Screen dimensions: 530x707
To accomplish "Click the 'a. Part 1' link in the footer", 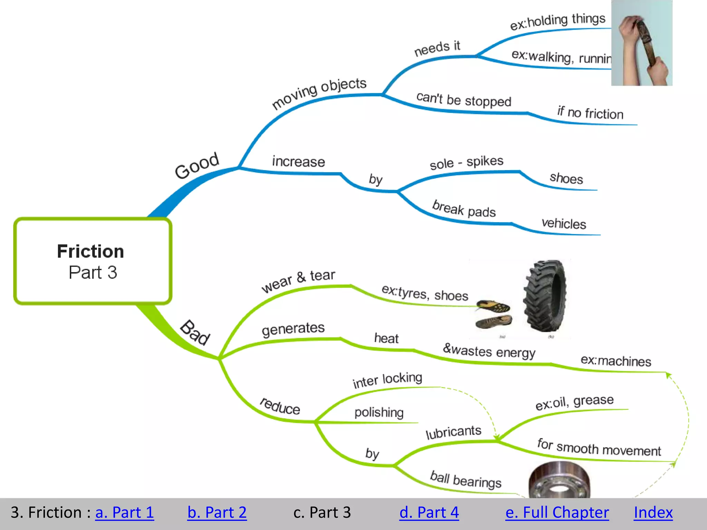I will tap(124, 512).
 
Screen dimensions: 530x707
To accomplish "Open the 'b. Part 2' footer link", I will tap(217, 512).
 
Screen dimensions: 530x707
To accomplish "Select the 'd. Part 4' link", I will tap(429, 512).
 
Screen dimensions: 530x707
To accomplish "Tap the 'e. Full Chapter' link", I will tap(557, 512).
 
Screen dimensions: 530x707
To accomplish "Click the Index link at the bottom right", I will tap(653, 512).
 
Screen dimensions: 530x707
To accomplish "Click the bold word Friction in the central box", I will tap(90, 251).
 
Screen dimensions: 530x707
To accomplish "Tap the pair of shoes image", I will tap(494, 314).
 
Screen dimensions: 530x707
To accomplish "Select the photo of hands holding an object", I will tap(641, 43).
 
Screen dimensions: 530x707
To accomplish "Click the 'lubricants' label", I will tap(453, 432).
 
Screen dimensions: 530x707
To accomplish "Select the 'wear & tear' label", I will tap(298, 280).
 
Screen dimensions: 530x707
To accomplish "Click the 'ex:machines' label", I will tap(616, 361).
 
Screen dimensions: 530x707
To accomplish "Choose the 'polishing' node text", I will tap(379, 412).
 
